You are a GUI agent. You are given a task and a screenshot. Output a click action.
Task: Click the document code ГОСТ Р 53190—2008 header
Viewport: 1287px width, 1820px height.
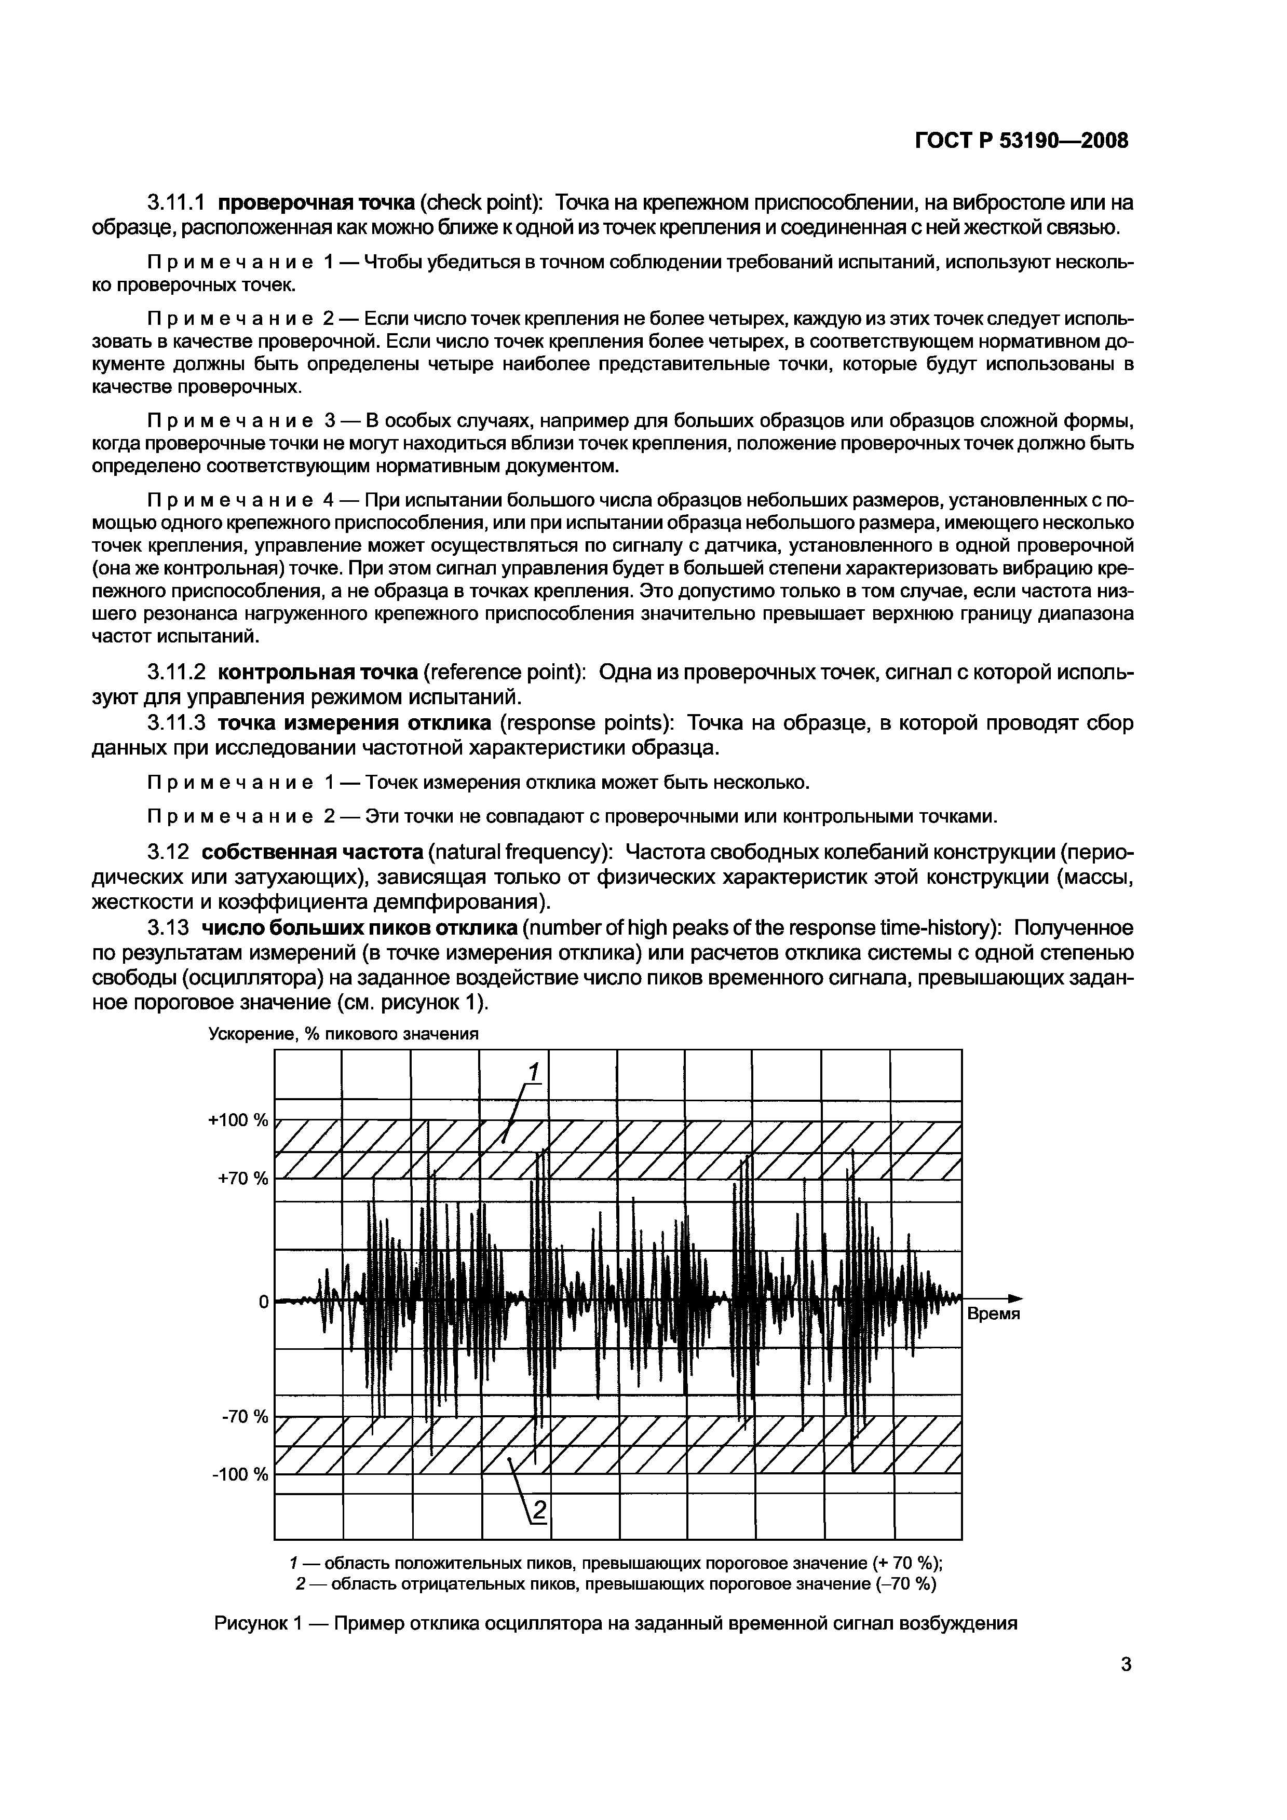(1021, 141)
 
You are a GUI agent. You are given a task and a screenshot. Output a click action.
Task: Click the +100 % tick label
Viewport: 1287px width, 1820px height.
(238, 1120)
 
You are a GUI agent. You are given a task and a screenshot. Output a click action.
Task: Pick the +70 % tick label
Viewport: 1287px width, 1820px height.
(242, 1178)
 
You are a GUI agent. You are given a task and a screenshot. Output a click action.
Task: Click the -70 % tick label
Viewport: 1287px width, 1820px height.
(245, 1417)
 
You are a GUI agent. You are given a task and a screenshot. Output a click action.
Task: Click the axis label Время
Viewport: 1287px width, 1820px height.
(993, 1314)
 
